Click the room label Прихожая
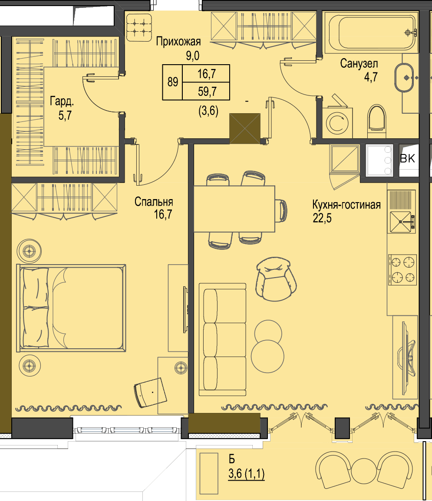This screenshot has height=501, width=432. pos(178,42)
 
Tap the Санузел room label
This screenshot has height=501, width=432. pos(359,63)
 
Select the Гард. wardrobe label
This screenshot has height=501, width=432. pos(62,102)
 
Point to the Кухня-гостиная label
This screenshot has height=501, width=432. pos(346,204)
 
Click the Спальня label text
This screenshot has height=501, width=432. pos(154,202)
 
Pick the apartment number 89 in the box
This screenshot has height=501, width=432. pos(173,82)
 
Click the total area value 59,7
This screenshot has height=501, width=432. pos(207,92)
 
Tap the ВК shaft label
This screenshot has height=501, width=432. pos(407,158)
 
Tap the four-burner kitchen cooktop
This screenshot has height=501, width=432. pos(402,270)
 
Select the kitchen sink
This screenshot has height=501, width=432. pos(402,222)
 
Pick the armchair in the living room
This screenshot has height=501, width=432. pos(276,279)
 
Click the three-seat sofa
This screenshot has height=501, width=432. pos(223,340)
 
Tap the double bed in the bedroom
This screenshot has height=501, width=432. pos(71,308)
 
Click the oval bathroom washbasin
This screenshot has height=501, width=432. pos(404,78)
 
